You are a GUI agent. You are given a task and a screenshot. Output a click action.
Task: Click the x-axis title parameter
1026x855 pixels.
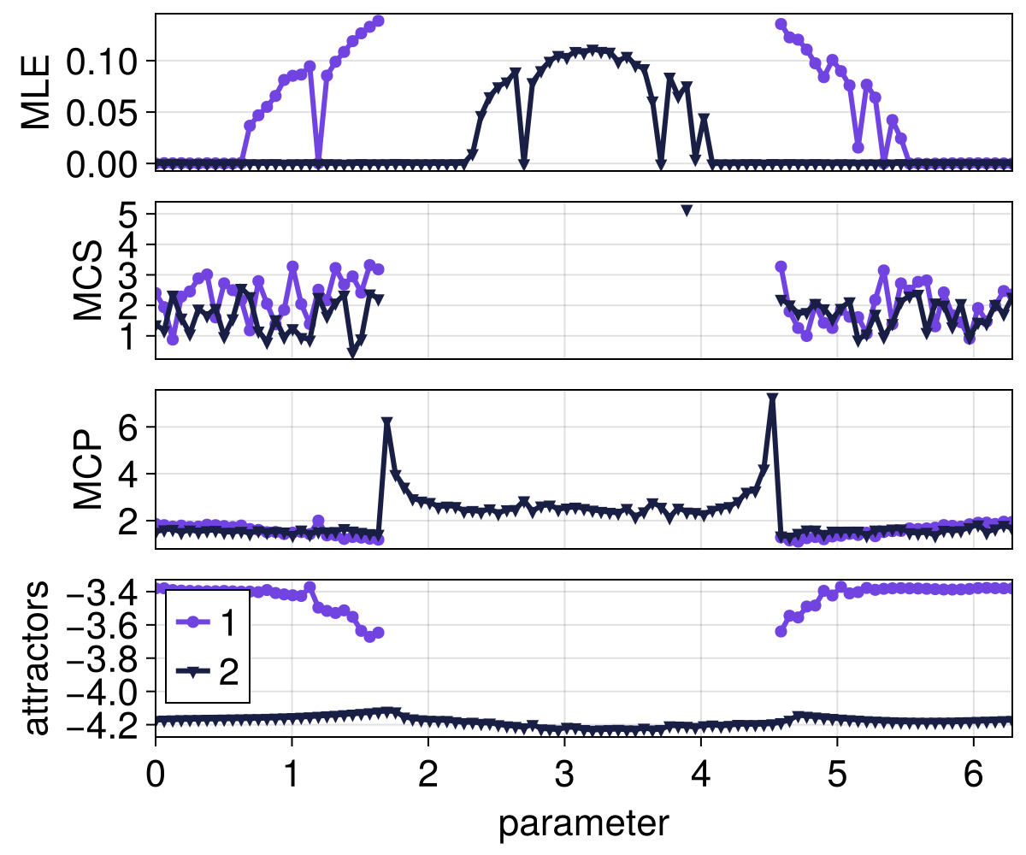[x=583, y=823]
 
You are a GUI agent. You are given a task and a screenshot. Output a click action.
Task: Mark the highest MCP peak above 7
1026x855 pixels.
[x=772, y=398]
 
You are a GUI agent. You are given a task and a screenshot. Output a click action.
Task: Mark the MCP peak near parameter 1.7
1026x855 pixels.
[x=387, y=422]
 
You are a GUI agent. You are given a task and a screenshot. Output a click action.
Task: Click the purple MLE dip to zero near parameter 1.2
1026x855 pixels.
[x=318, y=161]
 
